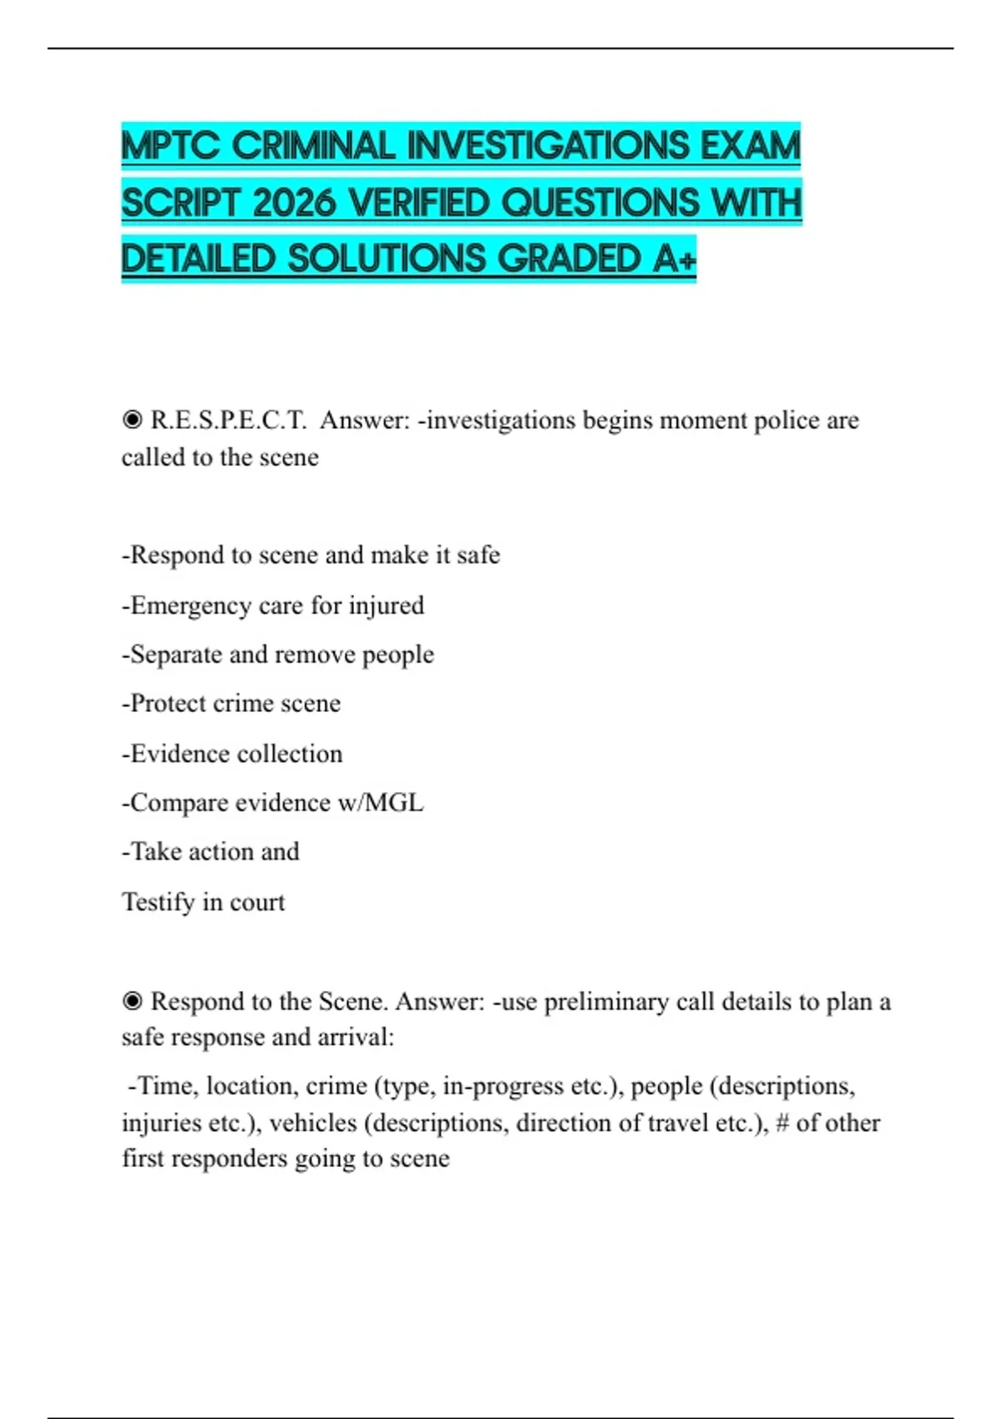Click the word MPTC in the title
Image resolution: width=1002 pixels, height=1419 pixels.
click(x=171, y=147)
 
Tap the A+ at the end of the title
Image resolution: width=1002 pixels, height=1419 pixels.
click(x=675, y=259)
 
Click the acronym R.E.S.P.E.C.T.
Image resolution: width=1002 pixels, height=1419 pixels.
click(x=228, y=420)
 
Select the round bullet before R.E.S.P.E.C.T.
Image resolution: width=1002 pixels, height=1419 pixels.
click(x=132, y=419)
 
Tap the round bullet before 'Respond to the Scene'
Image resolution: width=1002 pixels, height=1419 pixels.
click(x=132, y=1001)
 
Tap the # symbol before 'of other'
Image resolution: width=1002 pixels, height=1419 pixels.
click(x=782, y=1123)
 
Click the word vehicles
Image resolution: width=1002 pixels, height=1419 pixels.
click(x=314, y=1123)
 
